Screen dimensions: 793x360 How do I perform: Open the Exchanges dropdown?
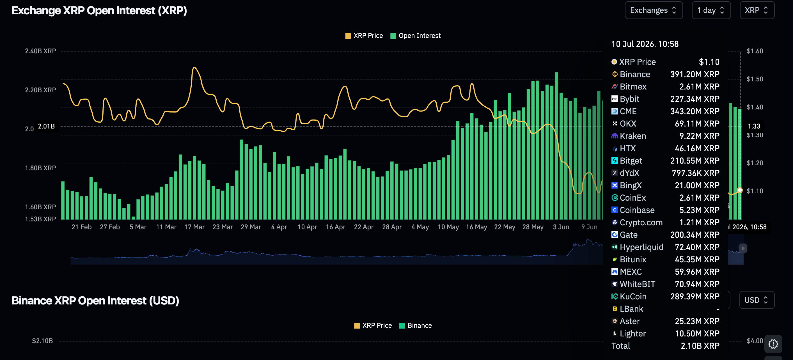coord(654,10)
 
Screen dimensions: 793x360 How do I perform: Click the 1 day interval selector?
coord(711,10)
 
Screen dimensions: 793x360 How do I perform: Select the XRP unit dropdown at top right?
coord(757,10)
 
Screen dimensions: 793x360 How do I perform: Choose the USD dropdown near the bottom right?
coord(757,300)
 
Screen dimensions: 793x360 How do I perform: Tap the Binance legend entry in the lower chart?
coord(415,325)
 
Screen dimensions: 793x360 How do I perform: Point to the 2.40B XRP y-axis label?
coord(40,51)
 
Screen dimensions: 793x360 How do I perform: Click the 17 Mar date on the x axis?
coord(194,227)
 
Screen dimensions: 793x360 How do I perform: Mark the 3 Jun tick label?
coord(561,227)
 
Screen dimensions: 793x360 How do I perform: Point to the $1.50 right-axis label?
coord(755,79)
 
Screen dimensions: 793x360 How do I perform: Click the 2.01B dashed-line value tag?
coord(46,126)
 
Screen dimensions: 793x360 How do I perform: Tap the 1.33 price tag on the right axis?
coord(754,126)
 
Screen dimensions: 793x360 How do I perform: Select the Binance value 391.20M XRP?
coord(695,74)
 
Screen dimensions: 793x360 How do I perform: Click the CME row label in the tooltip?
coord(628,111)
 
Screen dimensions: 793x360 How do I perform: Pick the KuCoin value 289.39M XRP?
coord(695,296)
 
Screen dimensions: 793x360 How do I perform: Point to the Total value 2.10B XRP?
coord(700,346)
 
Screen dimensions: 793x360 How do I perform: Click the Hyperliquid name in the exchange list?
coord(641,247)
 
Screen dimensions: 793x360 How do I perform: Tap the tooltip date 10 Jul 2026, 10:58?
coord(645,44)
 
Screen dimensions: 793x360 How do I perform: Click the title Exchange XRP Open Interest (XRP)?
coord(99,10)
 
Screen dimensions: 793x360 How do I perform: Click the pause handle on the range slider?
coord(743,248)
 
